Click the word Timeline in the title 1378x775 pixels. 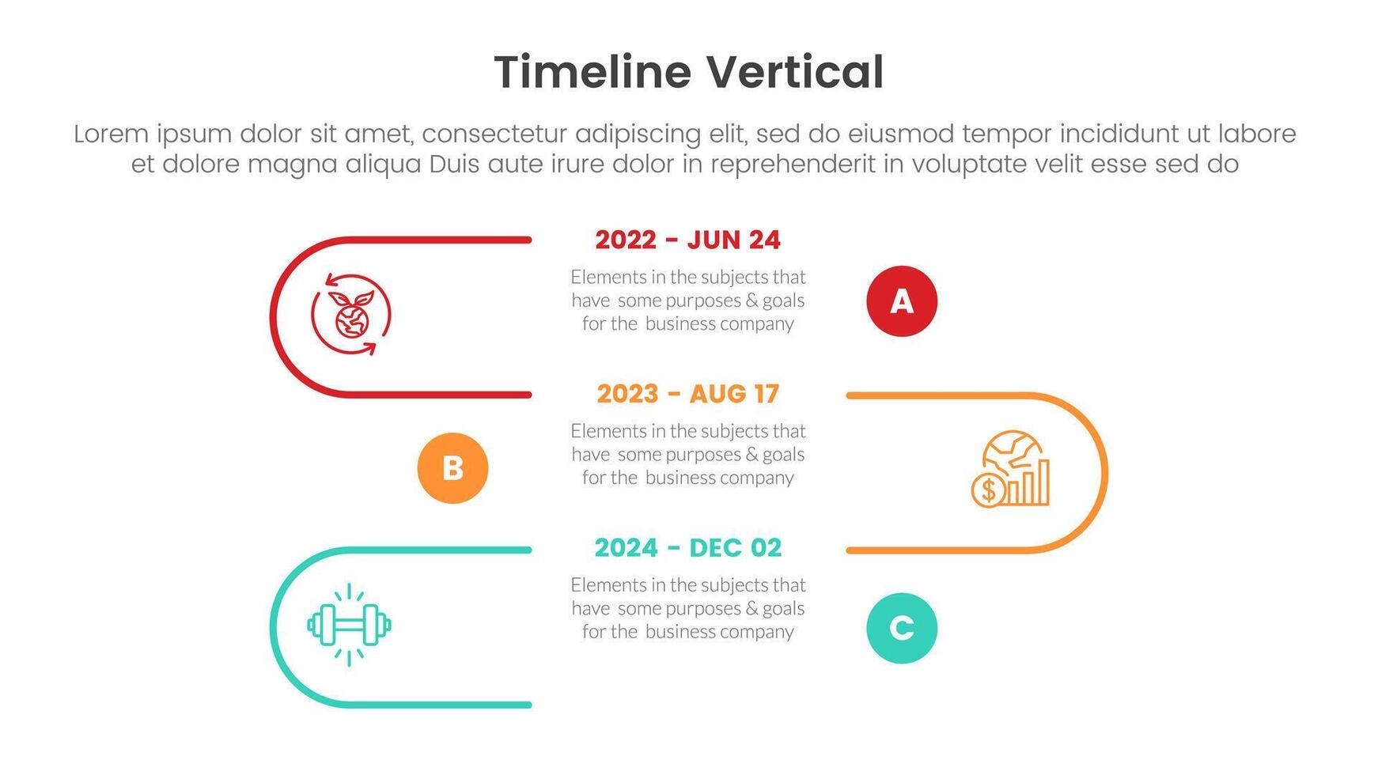(592, 72)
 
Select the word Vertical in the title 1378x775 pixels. (795, 72)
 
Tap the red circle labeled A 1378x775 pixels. (902, 301)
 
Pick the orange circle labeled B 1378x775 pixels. (452, 468)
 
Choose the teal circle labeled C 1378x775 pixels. (902, 628)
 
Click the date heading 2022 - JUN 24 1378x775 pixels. (688, 240)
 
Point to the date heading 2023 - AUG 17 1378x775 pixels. (688, 394)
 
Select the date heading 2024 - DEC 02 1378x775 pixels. (688, 547)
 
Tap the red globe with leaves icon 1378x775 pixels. (350, 314)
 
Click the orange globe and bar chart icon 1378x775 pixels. (1011, 468)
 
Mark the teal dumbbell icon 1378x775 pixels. (349, 625)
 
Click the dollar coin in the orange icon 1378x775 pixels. (988, 490)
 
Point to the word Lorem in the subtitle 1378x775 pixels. (111, 134)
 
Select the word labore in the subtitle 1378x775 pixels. (1258, 134)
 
